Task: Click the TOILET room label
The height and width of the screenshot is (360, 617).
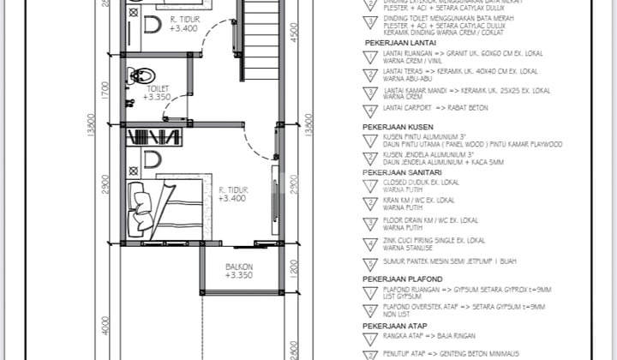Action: coord(157,87)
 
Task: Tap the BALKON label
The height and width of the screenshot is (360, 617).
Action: coord(238,267)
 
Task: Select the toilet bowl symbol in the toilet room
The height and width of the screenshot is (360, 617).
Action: coord(137,76)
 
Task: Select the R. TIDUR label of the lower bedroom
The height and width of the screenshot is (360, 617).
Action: coord(233,189)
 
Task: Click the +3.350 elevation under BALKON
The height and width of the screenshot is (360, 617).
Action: coord(238,275)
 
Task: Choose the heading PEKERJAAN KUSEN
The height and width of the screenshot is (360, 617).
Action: coord(398,126)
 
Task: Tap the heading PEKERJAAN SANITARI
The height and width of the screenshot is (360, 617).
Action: coord(404,171)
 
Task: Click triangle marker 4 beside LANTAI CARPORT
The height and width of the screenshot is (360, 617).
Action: coord(370,111)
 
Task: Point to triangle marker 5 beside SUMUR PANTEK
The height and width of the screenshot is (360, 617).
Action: coord(370,261)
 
